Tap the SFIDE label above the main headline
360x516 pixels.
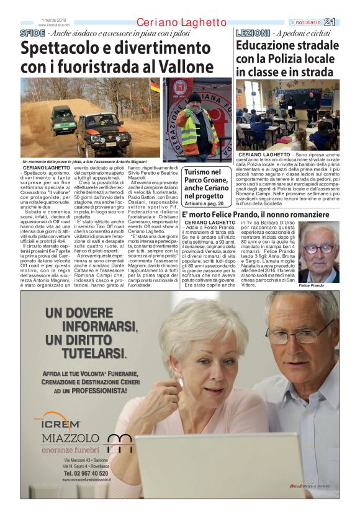pos(32,32)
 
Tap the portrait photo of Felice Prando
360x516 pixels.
pos(318,251)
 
